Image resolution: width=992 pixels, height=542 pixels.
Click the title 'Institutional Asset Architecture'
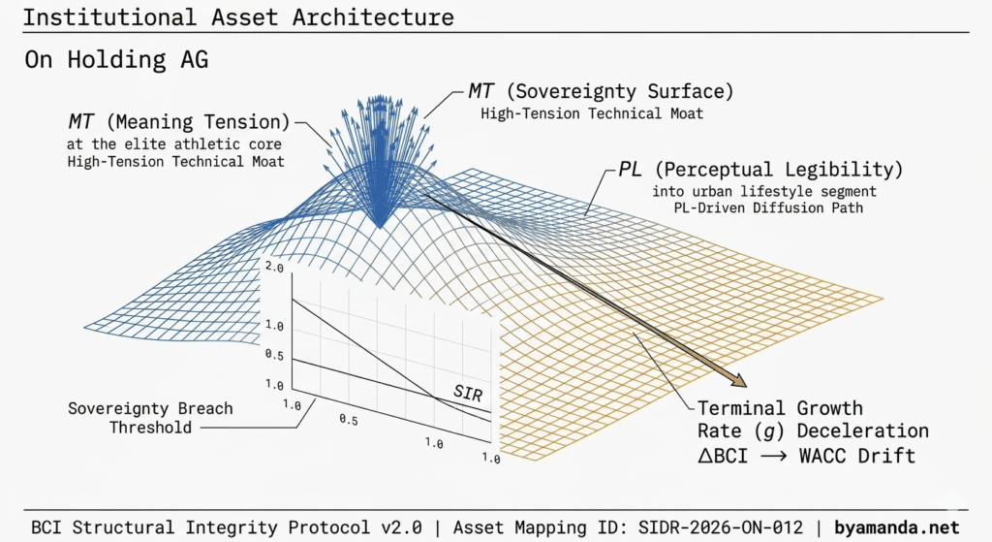point(238,18)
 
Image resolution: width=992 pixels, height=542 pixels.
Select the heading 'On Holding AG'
point(116,60)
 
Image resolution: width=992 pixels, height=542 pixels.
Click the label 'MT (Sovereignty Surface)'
point(601,91)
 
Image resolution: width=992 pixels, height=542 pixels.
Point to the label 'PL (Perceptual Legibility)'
point(759,170)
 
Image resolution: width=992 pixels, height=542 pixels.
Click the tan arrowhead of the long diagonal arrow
point(736,380)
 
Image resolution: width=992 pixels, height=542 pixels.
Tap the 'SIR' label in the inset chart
point(468,393)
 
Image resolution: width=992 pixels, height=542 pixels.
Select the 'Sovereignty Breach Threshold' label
point(150,417)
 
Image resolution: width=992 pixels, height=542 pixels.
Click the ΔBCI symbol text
point(730,454)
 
